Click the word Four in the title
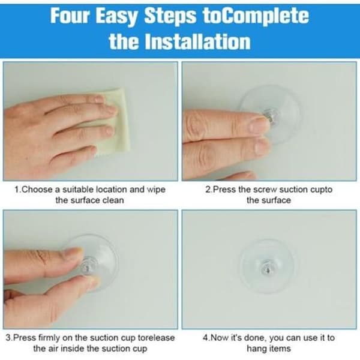(x=70, y=16)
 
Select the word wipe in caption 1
(x=156, y=190)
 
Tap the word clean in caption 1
(x=113, y=200)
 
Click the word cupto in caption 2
(x=321, y=190)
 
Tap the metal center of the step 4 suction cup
(x=267, y=267)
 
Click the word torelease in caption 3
(x=156, y=338)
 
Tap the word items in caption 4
(x=280, y=349)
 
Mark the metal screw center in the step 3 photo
(x=88, y=266)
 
